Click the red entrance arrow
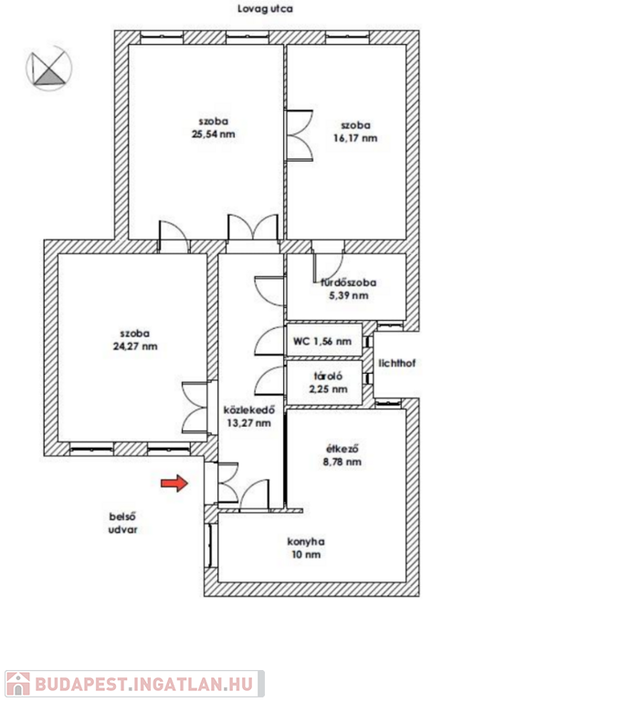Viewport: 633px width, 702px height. pos(174,483)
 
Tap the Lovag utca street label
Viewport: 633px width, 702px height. pos(265,9)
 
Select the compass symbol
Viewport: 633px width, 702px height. pos(48,68)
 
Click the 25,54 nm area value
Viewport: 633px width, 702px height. pos(214,134)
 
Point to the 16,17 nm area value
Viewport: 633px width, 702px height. pos(355,138)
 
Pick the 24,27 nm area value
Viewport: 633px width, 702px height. pos(135,346)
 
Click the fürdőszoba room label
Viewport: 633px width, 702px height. pos(349,282)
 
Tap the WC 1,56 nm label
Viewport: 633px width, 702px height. pos(322,341)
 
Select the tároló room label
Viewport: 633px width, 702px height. pos(328,377)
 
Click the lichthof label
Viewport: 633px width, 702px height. pos(397,363)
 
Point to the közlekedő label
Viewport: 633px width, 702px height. pos(249,410)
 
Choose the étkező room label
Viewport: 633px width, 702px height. pos(343,449)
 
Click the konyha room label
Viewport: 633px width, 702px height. pos(306,542)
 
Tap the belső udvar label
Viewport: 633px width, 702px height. pos(123,523)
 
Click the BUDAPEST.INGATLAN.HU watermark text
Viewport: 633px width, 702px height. pos(144,685)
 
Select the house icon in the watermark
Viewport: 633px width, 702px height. pos(18,684)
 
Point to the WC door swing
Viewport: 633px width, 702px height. pos(269,342)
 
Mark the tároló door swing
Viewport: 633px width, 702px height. pos(269,380)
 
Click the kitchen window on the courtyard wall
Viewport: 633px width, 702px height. pos(210,546)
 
